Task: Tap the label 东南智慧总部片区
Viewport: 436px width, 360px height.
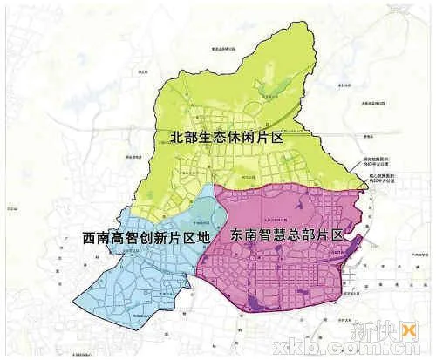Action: click(285, 235)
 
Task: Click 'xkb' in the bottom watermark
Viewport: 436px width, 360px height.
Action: click(302, 347)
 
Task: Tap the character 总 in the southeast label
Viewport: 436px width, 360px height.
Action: click(296, 235)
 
